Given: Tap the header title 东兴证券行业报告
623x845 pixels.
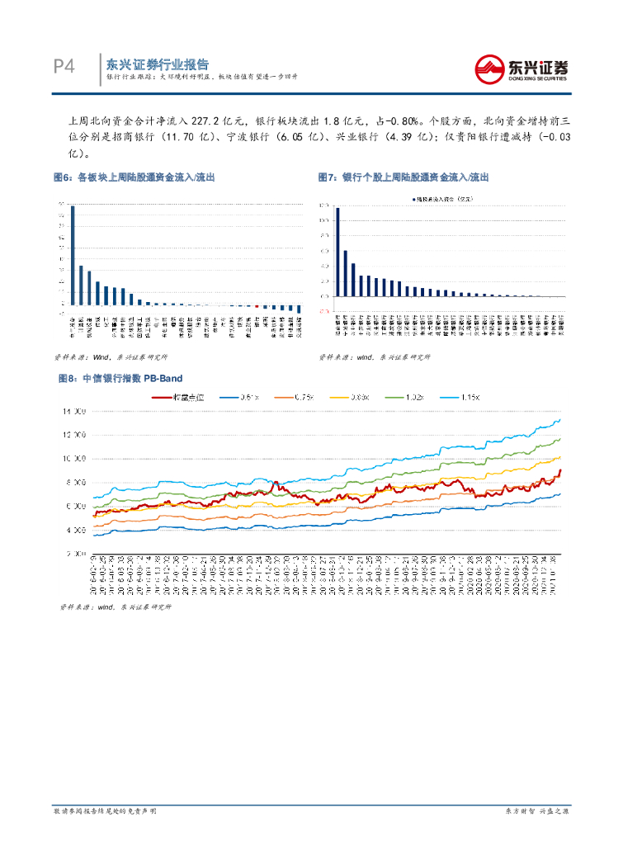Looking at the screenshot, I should tap(157, 64).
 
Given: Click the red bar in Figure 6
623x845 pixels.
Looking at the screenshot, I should tap(257, 305).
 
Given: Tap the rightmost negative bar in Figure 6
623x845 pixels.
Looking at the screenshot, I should tap(299, 308).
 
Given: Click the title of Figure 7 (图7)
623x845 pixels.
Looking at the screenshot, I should tap(404, 177).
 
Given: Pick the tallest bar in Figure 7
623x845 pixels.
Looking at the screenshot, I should tap(337, 251).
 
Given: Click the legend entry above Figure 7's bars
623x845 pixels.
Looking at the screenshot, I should tap(446, 199).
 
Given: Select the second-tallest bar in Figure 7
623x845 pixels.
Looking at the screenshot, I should tap(346, 272).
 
